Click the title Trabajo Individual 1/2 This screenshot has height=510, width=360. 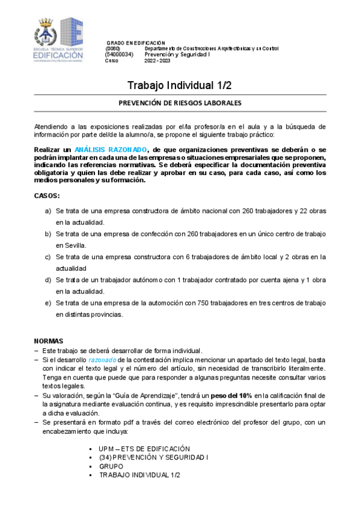(180, 85)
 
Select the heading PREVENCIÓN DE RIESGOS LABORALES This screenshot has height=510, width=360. (180, 103)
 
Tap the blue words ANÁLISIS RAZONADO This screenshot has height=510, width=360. (119, 149)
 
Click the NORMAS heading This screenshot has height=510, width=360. (49, 340)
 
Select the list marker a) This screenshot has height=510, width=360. (48, 211)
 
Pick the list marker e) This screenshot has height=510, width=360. (48, 303)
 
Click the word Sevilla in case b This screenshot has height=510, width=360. (68, 245)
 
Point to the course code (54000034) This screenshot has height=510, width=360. (118, 54)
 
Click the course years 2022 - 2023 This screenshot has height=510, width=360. (157, 60)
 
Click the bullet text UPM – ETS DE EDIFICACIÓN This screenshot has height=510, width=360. (144, 449)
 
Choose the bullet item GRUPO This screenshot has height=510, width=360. (111, 466)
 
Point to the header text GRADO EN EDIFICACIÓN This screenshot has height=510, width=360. (135, 43)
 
